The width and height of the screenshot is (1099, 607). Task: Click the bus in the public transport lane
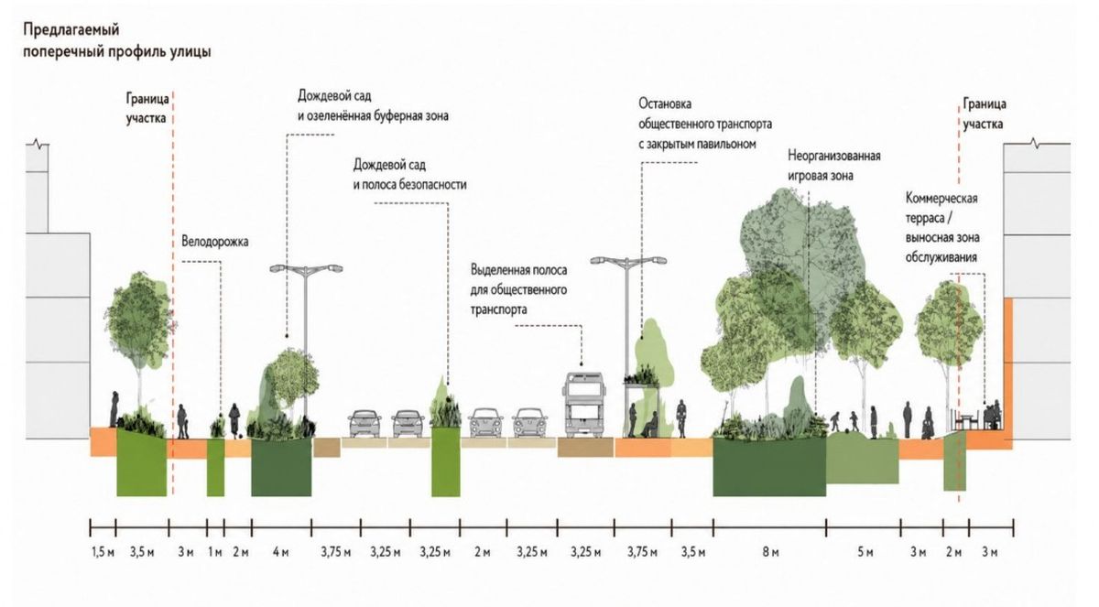(583, 405)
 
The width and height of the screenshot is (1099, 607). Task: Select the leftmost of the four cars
(365, 423)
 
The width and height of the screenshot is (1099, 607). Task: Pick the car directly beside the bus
(530, 423)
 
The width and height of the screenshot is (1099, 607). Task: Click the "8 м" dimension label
(770, 553)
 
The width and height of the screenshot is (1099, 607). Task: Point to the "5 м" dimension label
(865, 553)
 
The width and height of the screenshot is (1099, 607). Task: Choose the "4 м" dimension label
(280, 553)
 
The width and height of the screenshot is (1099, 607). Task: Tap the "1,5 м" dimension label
(103, 553)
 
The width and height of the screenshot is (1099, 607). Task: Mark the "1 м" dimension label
(215, 553)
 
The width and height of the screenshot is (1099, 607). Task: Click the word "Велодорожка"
(215, 242)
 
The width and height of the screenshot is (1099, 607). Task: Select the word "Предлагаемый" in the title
(71, 30)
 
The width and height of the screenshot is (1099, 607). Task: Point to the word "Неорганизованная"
(834, 156)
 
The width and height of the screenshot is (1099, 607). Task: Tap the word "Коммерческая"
(941, 199)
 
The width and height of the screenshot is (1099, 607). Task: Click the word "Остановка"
(665, 104)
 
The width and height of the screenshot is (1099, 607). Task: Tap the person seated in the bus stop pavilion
(650, 425)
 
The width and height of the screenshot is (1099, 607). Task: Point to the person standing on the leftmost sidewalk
(114, 409)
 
